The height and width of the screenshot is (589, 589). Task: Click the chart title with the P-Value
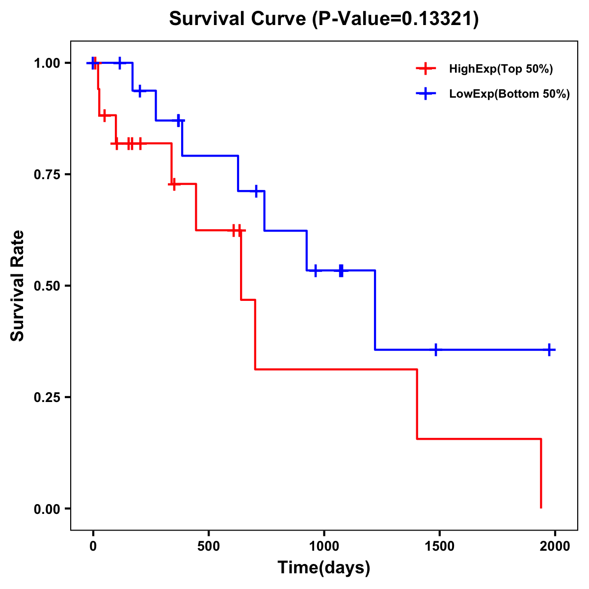pos(324,19)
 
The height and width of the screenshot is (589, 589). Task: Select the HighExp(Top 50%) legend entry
pos(501,69)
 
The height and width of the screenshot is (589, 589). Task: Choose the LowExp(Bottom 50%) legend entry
pos(509,94)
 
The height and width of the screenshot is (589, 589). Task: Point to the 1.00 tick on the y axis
pos(47,63)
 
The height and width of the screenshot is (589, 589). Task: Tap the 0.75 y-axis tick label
pos(47,175)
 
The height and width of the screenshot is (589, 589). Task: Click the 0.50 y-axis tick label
pos(47,286)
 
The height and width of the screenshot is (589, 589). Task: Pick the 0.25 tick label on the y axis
pos(47,398)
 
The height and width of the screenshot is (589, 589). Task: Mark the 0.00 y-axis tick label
pos(47,509)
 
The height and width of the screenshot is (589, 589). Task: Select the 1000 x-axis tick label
pos(324,546)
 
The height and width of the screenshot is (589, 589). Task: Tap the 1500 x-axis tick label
pos(439,546)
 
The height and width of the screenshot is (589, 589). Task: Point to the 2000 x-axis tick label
pos(555,546)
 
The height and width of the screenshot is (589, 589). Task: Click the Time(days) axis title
pos(324,567)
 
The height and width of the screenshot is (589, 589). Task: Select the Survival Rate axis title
pos(18,286)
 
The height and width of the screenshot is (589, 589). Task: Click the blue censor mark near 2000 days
pos(549,349)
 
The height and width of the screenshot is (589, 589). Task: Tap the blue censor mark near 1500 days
pos(435,349)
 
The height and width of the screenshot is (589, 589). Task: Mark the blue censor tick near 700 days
pos(256,191)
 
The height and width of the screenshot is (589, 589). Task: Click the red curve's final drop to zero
pos(541,474)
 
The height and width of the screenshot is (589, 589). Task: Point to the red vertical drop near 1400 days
pos(417,403)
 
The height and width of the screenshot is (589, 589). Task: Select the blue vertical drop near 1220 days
pos(375,310)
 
